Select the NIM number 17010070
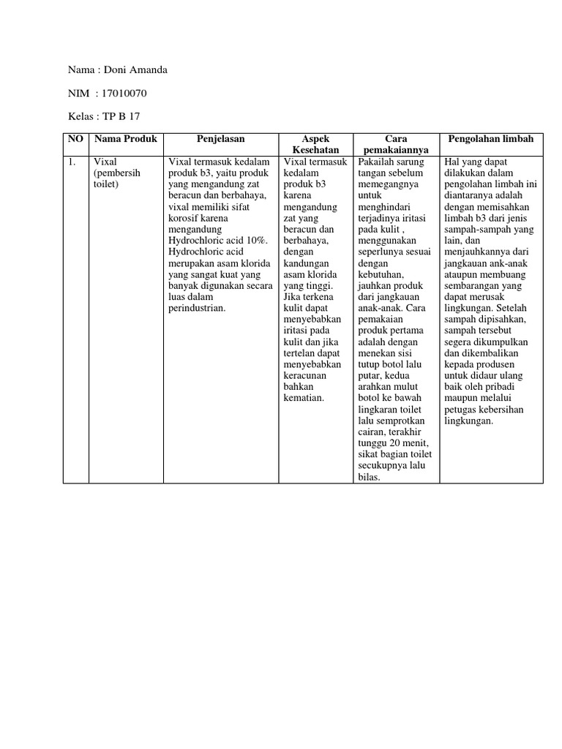pos(126,93)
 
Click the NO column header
pos(76,139)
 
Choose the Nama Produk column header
pos(125,139)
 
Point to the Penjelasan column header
pos(220,139)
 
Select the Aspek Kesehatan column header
pos(315,144)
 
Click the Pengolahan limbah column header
pos(491,139)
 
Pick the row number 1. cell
pos(72,162)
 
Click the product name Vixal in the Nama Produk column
pos(105,162)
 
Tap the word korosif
pos(184,217)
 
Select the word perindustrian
pos(197,309)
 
